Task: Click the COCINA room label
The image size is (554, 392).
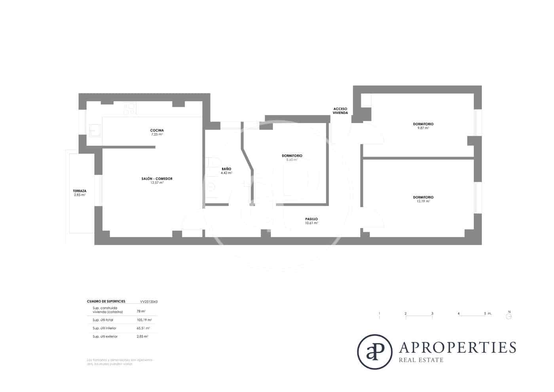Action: click(157, 130)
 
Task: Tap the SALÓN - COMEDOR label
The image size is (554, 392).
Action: click(157, 179)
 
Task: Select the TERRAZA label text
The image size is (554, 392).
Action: click(80, 191)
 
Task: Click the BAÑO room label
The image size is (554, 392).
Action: click(226, 169)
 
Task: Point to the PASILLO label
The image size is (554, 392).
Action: click(311, 219)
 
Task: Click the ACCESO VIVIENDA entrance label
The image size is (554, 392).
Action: click(340, 110)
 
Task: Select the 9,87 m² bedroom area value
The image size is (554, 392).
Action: click(423, 128)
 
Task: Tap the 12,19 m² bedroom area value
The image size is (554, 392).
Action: click(423, 201)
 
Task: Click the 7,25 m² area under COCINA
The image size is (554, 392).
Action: click(157, 134)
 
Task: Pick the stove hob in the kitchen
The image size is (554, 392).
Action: click(129, 109)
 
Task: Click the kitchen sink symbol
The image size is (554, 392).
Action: click(95, 129)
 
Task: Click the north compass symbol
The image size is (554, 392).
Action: click(509, 316)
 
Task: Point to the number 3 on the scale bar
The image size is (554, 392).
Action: click(432, 314)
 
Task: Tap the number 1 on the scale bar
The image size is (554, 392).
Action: click(379, 314)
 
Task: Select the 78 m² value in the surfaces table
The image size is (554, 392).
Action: click(141, 311)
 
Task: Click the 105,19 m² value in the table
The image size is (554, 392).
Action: click(144, 320)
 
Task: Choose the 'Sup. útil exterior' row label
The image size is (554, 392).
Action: click(105, 336)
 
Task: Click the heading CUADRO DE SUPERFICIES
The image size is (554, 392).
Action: click(106, 301)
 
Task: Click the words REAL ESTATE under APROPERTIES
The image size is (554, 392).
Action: click(421, 360)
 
